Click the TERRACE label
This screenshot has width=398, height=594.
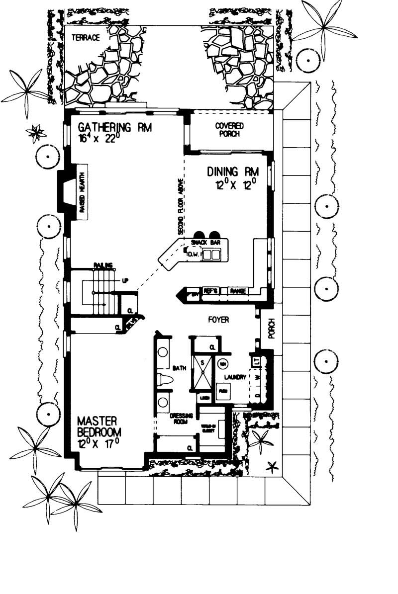click(86, 37)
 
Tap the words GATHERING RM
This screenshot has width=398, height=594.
click(111, 127)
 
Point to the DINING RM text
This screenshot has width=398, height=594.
click(233, 172)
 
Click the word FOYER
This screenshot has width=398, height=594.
click(218, 320)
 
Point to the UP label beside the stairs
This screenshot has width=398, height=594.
click(125, 281)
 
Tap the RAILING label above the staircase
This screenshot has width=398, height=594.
click(102, 265)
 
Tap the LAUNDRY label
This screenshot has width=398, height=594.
click(234, 378)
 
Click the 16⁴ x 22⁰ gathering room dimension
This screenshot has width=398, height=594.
click(99, 139)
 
